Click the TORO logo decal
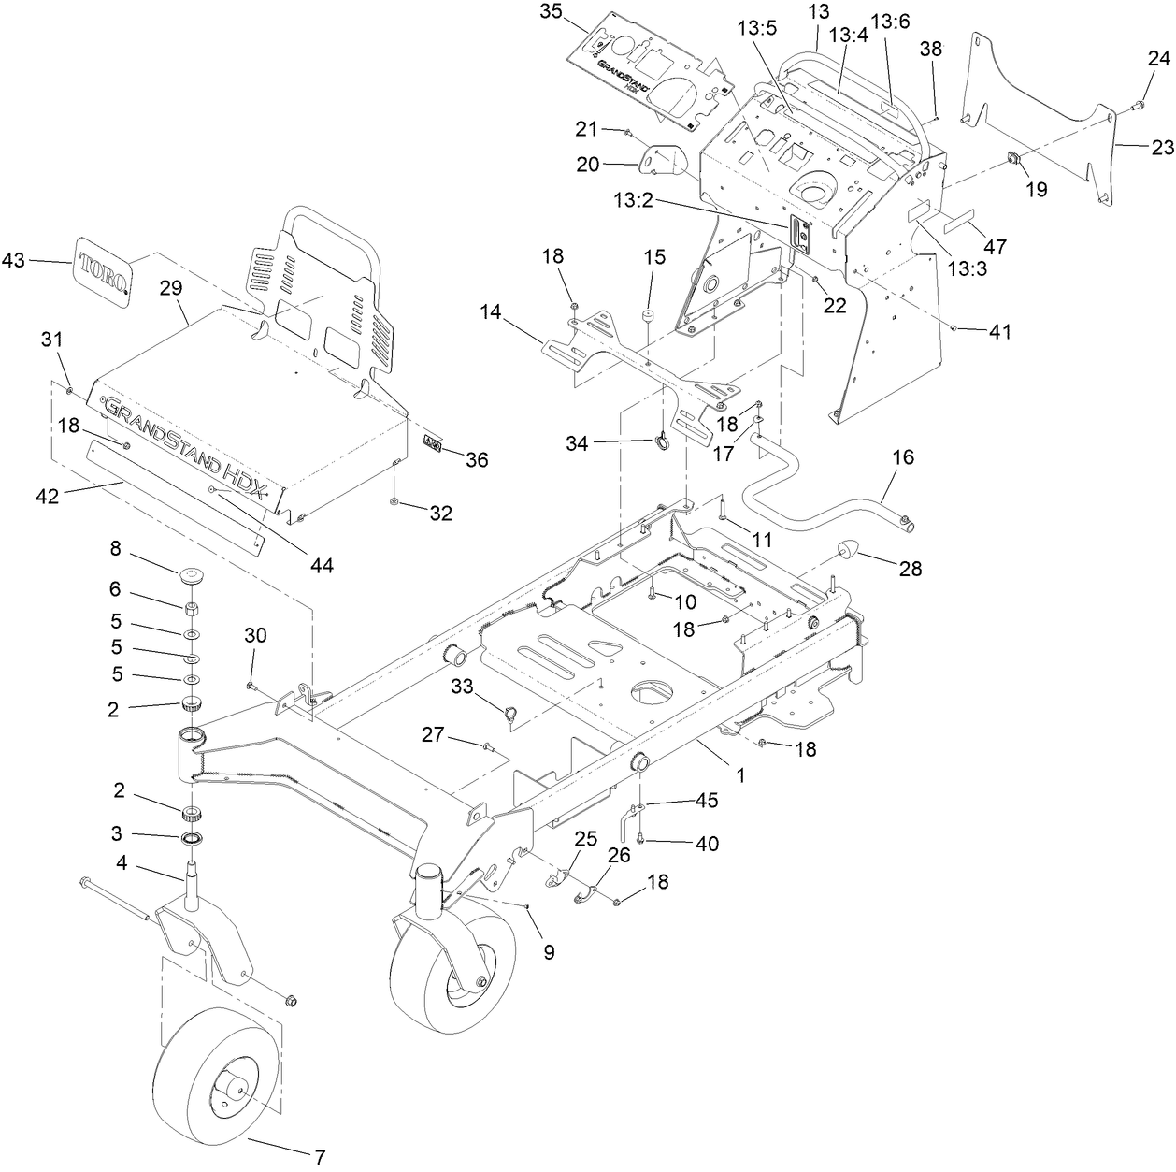click(103, 268)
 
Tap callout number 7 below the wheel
click(320, 1157)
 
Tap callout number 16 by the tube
click(903, 457)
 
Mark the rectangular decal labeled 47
click(964, 226)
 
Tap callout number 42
click(47, 495)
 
